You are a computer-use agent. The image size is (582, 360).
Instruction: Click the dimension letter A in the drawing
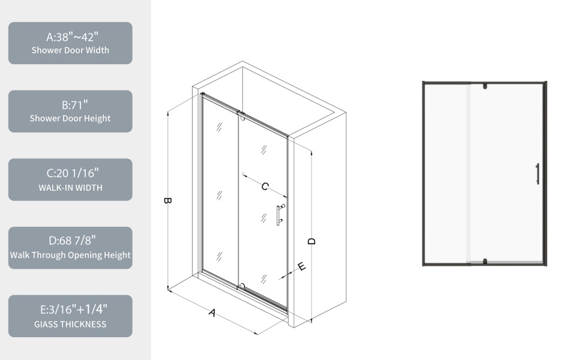pos(212,313)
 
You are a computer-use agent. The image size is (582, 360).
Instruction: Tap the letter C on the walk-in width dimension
pos(265,187)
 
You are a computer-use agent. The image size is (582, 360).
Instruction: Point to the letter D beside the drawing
pos(311,241)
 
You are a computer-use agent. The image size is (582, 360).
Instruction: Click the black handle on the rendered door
pos(537,173)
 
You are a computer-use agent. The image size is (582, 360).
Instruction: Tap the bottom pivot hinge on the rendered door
pos(484,260)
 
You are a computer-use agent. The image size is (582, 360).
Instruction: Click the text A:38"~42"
pos(70,36)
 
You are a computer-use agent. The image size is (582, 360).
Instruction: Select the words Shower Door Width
pos(70,50)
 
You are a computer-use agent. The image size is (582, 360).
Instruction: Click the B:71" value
pos(70,104)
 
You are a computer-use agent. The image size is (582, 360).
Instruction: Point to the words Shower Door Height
pos(70,119)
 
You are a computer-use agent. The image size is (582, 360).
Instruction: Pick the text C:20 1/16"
pos(70,173)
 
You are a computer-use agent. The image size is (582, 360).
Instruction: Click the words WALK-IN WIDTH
pos(70,188)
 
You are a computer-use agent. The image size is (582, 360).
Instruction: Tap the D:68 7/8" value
pos(70,241)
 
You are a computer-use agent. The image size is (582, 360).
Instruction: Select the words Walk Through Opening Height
pos(70,255)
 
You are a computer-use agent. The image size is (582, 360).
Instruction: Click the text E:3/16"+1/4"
pos(70,310)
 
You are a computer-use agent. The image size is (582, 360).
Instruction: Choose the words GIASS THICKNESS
pos(70,325)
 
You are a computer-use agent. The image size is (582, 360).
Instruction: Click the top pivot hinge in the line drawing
pos(241,114)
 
